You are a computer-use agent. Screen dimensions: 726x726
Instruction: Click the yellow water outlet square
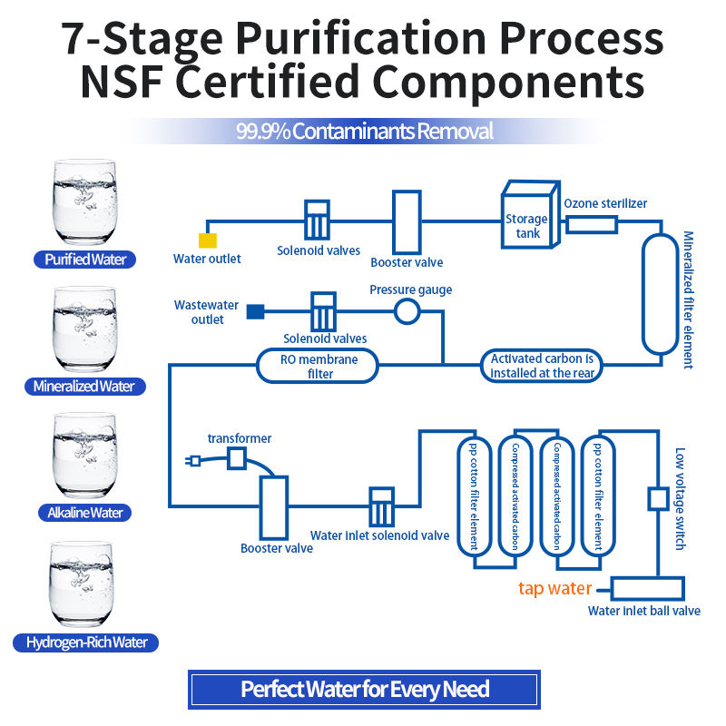(208, 240)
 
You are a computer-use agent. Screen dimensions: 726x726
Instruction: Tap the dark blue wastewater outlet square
(255, 311)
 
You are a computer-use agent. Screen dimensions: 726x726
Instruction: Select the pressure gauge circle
(407, 311)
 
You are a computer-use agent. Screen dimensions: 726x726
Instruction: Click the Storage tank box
(531, 214)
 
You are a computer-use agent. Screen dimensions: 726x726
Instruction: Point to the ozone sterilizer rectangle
(592, 225)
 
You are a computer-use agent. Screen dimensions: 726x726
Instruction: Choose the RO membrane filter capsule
(318, 366)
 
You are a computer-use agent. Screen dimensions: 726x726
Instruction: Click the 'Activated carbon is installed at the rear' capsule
(541, 366)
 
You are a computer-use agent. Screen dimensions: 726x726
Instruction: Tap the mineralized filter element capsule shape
(661, 294)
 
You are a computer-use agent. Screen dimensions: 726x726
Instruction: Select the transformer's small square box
(237, 459)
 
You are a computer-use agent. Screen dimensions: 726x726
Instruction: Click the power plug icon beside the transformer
(193, 461)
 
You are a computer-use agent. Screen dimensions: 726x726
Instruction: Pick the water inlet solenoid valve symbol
(381, 506)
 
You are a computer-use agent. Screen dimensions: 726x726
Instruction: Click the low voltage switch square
(658, 498)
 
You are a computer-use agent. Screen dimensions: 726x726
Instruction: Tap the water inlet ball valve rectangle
(647, 588)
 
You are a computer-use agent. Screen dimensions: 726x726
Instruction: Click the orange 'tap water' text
(554, 588)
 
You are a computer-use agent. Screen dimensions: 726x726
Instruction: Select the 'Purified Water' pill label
(84, 260)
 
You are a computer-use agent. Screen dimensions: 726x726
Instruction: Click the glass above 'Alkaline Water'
(84, 456)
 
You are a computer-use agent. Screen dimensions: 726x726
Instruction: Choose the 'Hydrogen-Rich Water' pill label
(85, 643)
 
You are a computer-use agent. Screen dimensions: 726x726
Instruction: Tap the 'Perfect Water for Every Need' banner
(365, 690)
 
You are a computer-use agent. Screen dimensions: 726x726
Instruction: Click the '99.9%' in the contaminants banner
(263, 132)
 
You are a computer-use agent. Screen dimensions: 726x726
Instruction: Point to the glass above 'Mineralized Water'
(84, 329)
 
